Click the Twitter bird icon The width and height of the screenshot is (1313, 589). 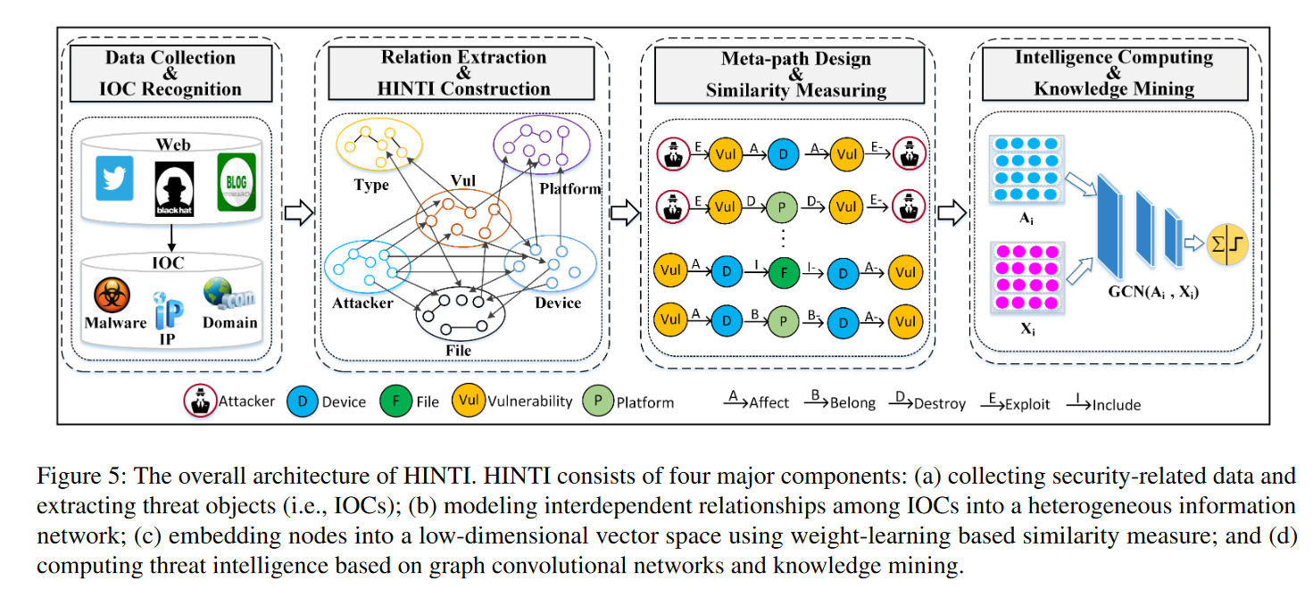(x=114, y=178)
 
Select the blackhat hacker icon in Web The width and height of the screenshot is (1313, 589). (x=174, y=188)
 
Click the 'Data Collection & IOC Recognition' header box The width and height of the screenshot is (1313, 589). (x=170, y=73)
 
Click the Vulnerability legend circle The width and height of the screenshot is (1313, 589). (x=468, y=402)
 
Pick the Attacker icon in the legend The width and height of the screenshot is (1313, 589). (x=203, y=402)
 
